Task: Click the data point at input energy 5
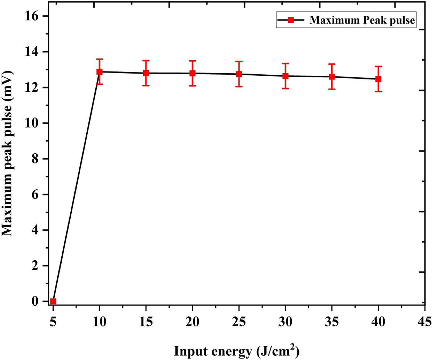[x=53, y=301]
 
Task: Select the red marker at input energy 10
[x=99, y=72]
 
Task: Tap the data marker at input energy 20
[x=192, y=73]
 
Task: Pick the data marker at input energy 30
[x=285, y=76]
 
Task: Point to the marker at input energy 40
[x=378, y=79]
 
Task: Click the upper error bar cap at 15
[x=146, y=61]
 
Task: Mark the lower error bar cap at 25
[x=239, y=87]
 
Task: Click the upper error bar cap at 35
[x=332, y=64]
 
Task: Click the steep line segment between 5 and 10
[x=76, y=187]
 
